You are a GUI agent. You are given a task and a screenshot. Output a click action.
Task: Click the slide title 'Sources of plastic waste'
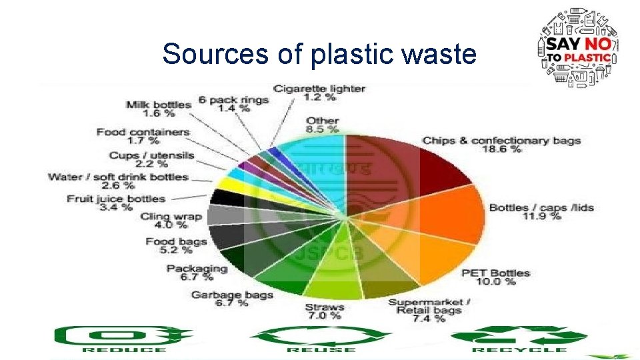tap(319, 53)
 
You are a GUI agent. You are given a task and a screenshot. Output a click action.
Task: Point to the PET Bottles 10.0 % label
tap(495, 277)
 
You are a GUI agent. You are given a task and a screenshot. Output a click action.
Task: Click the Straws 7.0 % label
tap(325, 311)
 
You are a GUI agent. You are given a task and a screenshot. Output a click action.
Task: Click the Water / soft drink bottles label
tap(118, 181)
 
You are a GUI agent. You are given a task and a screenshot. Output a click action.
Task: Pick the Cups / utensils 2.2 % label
tap(152, 159)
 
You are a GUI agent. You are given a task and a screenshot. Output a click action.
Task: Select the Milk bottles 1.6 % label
tap(158, 109)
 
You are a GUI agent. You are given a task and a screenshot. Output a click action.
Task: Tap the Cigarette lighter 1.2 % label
tap(319, 92)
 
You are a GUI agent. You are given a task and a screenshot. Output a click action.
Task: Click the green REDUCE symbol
tap(123, 339)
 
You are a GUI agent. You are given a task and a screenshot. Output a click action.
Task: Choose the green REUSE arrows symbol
tap(319, 339)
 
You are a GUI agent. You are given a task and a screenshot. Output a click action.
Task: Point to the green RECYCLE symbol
tap(519, 339)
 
